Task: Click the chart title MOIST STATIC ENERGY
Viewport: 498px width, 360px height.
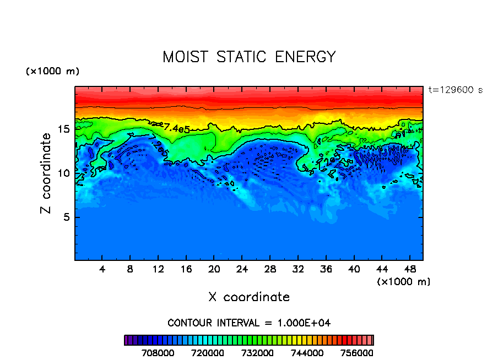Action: point(249,57)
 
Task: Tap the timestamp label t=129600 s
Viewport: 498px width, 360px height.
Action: point(455,90)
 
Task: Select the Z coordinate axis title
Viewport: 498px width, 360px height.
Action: point(47,173)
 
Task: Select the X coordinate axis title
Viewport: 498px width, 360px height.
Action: point(249,297)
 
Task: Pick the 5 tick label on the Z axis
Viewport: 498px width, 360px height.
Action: point(66,217)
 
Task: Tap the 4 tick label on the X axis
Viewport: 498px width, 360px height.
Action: point(102,270)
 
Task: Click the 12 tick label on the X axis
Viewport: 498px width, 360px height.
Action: point(158,270)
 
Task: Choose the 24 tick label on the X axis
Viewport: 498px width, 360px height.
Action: point(242,270)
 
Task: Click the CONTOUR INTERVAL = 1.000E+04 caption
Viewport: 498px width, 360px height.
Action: point(249,323)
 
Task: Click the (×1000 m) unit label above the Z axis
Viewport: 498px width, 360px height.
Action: point(53,72)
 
